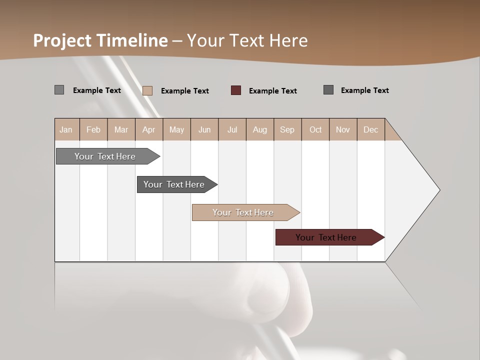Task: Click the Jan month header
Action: click(x=66, y=129)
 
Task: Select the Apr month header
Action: click(x=148, y=129)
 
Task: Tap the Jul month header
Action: click(x=232, y=129)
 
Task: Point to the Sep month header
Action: click(x=287, y=129)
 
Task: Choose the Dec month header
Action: click(x=370, y=129)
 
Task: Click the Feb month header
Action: click(x=93, y=129)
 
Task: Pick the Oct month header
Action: click(x=315, y=129)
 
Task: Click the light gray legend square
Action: click(x=59, y=90)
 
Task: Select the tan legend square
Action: click(x=147, y=90)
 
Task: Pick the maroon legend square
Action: click(x=236, y=90)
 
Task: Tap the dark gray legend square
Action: click(x=328, y=90)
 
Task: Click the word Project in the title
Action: click(x=63, y=40)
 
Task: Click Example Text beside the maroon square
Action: click(x=272, y=91)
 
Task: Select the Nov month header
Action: click(x=342, y=129)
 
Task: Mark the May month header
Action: click(x=176, y=129)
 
